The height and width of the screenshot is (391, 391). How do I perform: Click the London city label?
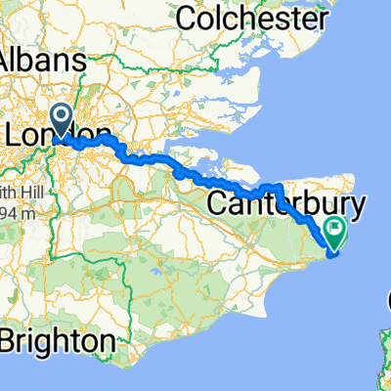click(x=57, y=134)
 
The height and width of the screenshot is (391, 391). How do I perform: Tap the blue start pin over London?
click(x=63, y=122)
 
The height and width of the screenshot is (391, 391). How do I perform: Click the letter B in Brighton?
click(x=13, y=341)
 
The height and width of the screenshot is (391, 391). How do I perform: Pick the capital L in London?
click(x=17, y=134)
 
